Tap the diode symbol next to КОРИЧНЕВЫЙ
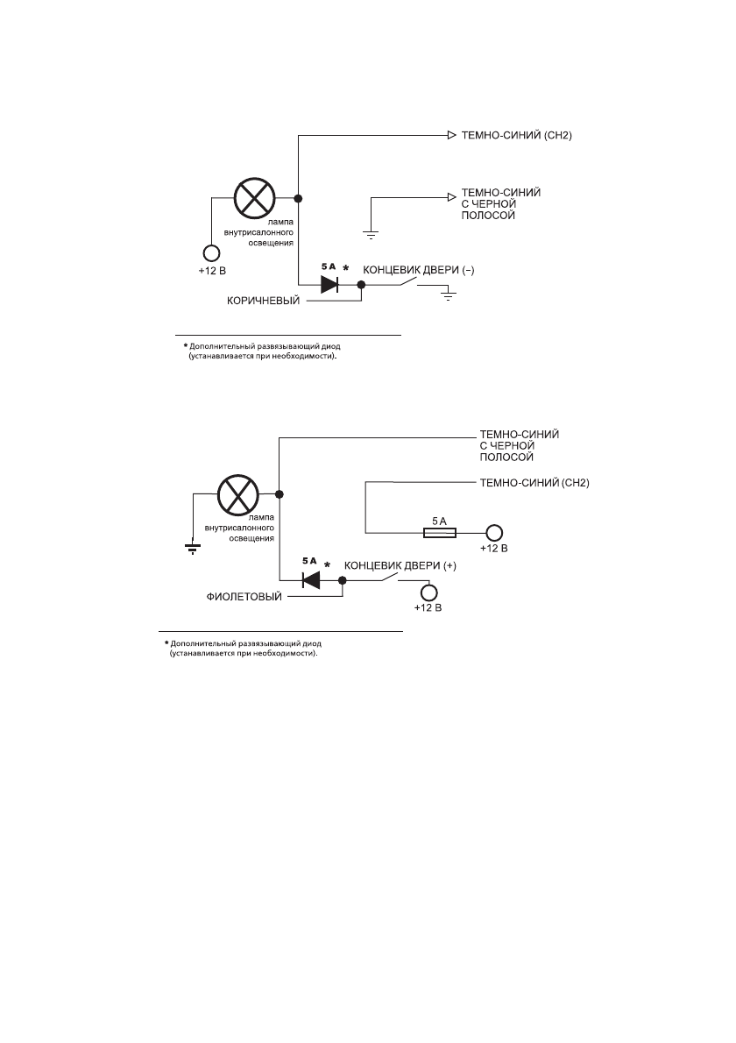click(x=330, y=284)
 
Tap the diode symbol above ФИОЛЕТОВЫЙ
click(x=310, y=579)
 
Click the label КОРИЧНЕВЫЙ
click(x=263, y=301)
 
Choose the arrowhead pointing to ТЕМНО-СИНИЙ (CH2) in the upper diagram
click(x=451, y=136)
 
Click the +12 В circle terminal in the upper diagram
click(x=212, y=253)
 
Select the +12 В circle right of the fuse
click(x=495, y=533)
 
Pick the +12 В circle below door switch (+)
click(x=428, y=592)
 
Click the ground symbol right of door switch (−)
click(x=449, y=295)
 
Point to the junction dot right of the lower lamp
click(x=278, y=495)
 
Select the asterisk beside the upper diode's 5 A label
click(x=347, y=266)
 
